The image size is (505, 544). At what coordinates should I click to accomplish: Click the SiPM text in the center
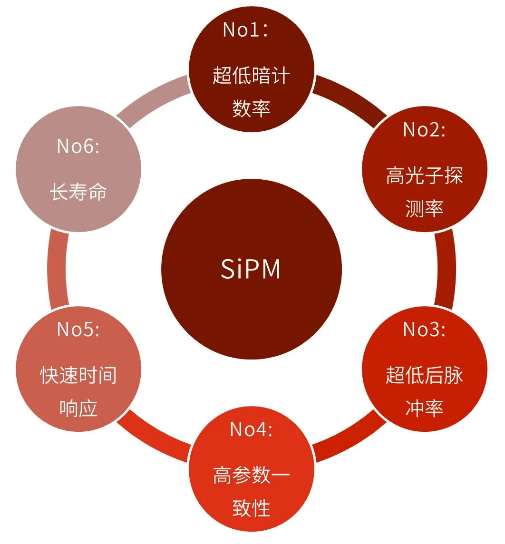(x=251, y=269)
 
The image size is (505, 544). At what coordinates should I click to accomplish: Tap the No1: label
(x=246, y=30)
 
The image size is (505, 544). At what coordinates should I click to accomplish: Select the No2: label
(x=424, y=129)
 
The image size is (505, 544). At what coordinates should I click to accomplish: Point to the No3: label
(x=424, y=329)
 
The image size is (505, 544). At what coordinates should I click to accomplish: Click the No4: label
(x=251, y=429)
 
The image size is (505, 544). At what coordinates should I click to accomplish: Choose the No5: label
(x=78, y=329)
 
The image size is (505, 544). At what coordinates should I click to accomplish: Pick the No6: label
(x=78, y=146)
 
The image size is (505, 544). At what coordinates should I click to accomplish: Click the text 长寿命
(x=78, y=192)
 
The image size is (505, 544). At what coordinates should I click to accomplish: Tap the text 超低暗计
(x=251, y=76)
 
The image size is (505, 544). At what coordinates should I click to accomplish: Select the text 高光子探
(x=424, y=176)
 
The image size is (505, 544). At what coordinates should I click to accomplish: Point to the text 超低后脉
(x=424, y=376)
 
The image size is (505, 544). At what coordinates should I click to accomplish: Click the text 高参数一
(x=251, y=475)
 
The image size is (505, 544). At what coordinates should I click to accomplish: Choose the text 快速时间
(x=78, y=376)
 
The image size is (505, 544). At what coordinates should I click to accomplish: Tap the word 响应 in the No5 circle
(x=78, y=408)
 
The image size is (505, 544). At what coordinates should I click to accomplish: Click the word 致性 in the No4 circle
(x=251, y=508)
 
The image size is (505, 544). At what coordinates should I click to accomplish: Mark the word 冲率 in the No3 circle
(x=424, y=408)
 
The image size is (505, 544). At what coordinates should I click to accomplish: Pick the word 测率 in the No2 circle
(x=424, y=209)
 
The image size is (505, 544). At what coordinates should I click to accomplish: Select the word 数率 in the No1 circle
(x=251, y=108)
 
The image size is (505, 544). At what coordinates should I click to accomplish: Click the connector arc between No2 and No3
(x=446, y=269)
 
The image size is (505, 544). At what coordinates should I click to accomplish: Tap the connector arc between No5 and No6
(x=57, y=269)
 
